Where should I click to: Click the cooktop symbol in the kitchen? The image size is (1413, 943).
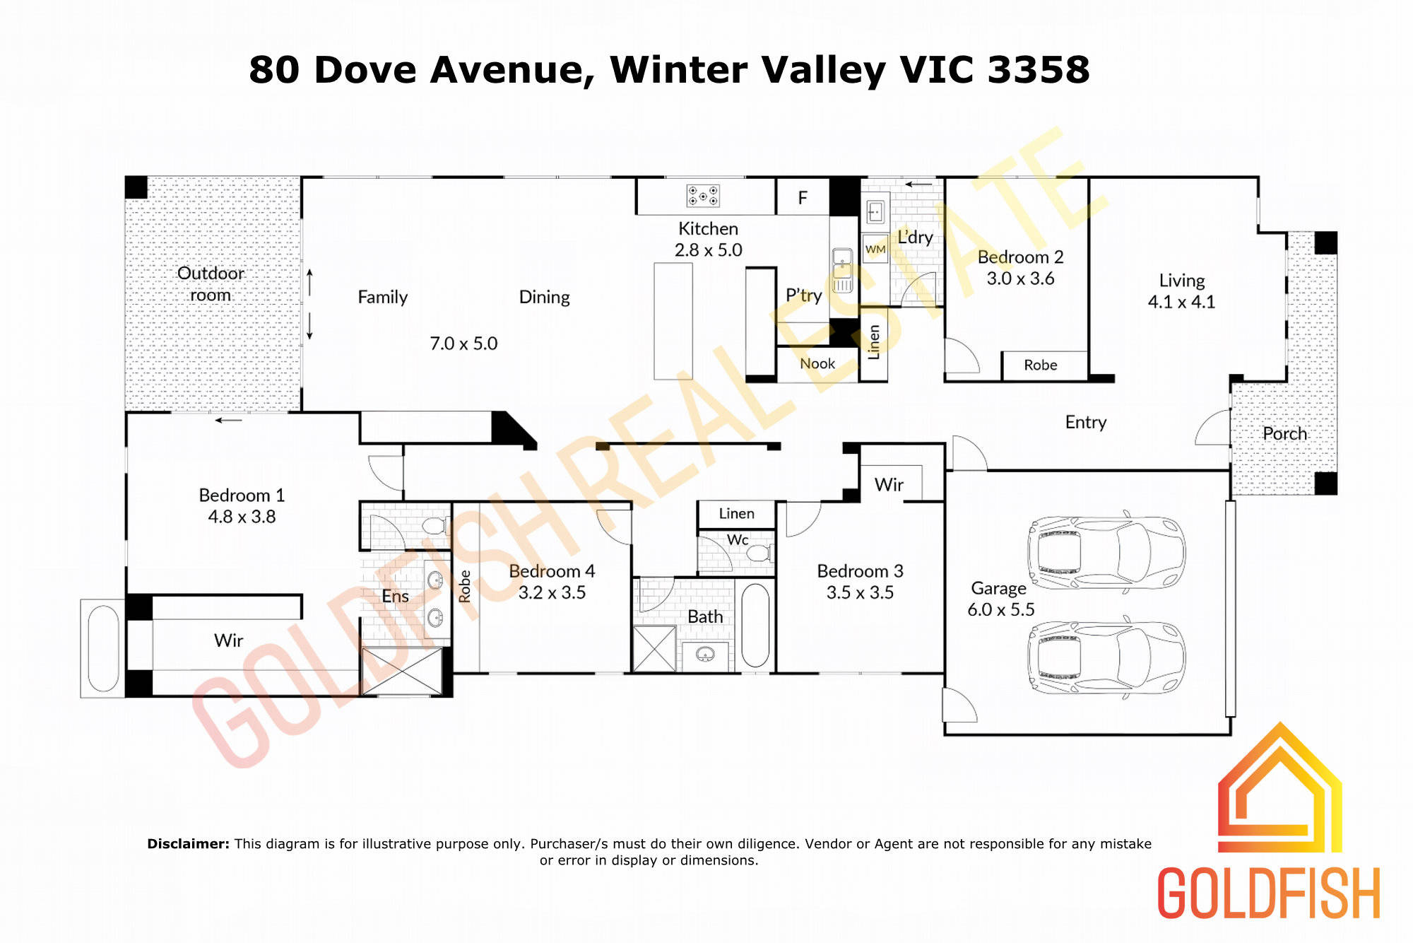point(703,196)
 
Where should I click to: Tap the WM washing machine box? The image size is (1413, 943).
point(875,249)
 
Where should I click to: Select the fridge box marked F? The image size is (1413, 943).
point(803,197)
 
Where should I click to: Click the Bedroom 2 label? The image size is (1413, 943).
point(1020,257)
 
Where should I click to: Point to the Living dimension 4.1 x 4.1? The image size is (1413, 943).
point(1181,302)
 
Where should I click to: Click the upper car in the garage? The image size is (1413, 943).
point(1106,551)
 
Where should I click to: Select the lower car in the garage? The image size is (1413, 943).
point(1106,657)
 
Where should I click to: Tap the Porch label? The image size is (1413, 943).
point(1284,433)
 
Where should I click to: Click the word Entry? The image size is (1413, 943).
point(1086,422)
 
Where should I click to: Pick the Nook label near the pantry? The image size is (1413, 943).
point(817,363)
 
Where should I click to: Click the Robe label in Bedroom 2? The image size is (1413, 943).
point(1041,365)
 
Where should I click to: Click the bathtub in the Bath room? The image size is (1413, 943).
point(755,625)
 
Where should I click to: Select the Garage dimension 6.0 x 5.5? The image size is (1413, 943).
point(1000,609)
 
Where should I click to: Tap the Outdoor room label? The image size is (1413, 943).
point(211,283)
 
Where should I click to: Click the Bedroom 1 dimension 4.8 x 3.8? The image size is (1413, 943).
point(242,517)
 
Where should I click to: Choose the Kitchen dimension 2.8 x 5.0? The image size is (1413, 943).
point(708,250)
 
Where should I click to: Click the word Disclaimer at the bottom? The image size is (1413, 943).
point(188,843)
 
